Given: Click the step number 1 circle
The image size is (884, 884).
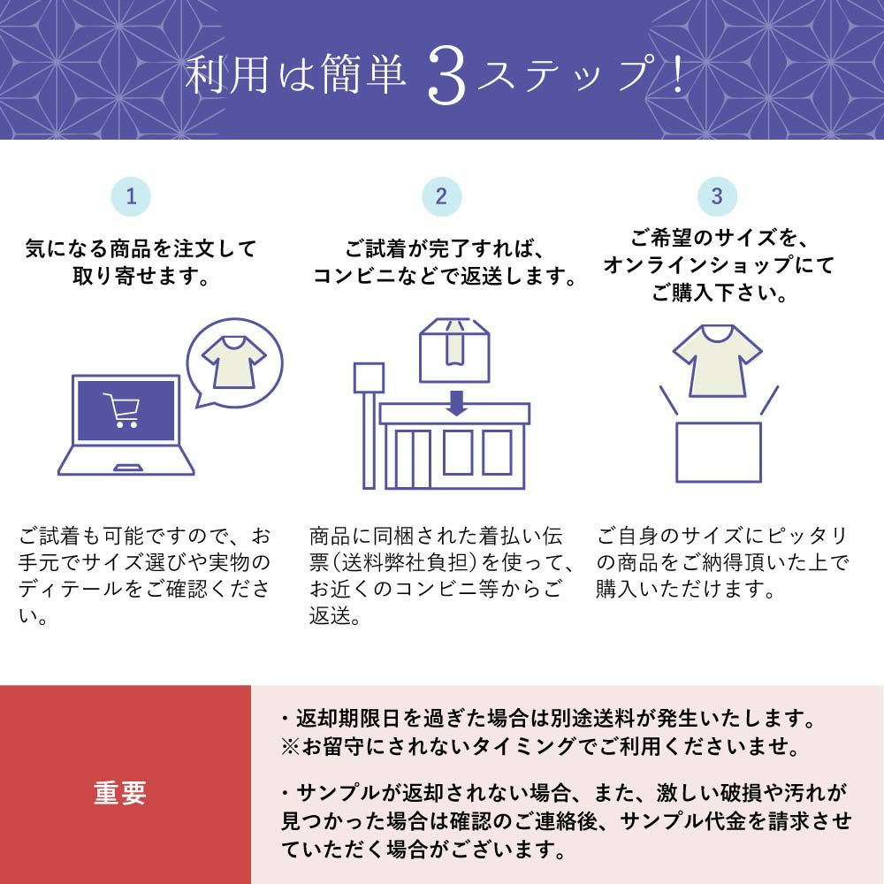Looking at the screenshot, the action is (x=131, y=196).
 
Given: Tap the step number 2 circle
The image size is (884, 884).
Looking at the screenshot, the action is (x=441, y=196).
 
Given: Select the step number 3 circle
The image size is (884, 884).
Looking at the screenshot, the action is (x=717, y=196).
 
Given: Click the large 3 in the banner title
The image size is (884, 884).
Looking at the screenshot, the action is (x=446, y=75).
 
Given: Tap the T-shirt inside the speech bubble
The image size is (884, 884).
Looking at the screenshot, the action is (x=234, y=362).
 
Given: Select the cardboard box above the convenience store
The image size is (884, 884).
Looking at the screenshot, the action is (x=454, y=351).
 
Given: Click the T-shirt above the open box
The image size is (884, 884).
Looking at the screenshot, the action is (x=717, y=361).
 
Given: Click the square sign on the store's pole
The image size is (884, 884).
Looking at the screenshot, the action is (x=369, y=377).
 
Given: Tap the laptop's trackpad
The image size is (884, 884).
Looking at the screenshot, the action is (x=128, y=468).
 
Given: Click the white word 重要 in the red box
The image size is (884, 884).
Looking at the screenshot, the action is (x=120, y=793).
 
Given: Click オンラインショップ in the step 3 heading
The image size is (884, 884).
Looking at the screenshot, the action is (x=698, y=264).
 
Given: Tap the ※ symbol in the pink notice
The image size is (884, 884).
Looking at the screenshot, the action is (x=290, y=747).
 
